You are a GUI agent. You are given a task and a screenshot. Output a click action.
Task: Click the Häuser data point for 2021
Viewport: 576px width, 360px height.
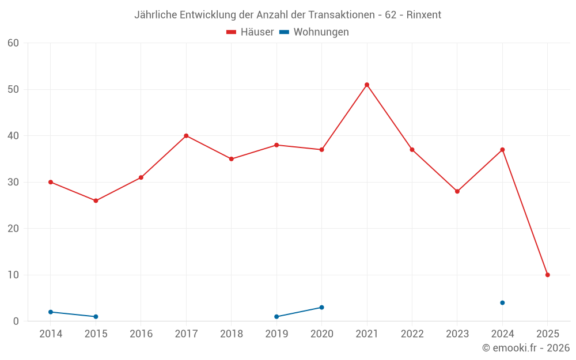click(x=367, y=85)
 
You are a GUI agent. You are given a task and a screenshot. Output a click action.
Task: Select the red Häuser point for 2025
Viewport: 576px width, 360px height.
click(x=547, y=275)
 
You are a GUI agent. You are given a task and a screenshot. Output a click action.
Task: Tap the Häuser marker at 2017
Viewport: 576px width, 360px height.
click(x=186, y=136)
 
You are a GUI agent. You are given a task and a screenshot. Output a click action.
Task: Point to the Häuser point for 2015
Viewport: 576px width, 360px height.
click(x=96, y=200)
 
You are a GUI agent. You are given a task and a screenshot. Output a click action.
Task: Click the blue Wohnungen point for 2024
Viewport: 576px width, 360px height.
click(x=502, y=302)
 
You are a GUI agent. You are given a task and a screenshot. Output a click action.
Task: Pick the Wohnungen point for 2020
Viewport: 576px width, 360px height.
click(x=321, y=307)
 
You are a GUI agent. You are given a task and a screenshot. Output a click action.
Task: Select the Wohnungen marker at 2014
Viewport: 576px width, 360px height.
click(x=51, y=312)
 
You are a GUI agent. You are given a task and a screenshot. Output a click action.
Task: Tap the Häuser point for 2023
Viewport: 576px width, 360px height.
click(x=457, y=191)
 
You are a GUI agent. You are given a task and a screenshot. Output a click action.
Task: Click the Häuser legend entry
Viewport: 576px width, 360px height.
click(x=251, y=32)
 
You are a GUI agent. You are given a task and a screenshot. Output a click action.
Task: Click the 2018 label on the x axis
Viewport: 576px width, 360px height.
click(x=232, y=334)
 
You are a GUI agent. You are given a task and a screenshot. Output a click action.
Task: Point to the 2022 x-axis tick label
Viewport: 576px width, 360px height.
click(x=412, y=334)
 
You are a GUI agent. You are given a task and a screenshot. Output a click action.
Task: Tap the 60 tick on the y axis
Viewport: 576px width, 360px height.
click(x=13, y=43)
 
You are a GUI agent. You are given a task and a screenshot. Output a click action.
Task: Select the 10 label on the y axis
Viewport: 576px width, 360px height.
click(x=13, y=275)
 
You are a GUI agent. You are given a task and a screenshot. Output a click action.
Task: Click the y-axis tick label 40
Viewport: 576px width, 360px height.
click(x=13, y=136)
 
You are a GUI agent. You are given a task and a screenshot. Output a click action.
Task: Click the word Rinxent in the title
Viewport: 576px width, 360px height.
click(x=424, y=15)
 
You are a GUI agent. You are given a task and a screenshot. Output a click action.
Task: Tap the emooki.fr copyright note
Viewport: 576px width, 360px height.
click(x=526, y=348)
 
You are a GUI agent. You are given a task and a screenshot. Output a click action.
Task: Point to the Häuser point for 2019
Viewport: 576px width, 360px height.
click(x=276, y=145)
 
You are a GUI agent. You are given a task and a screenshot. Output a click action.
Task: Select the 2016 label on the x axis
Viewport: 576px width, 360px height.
click(x=141, y=334)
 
